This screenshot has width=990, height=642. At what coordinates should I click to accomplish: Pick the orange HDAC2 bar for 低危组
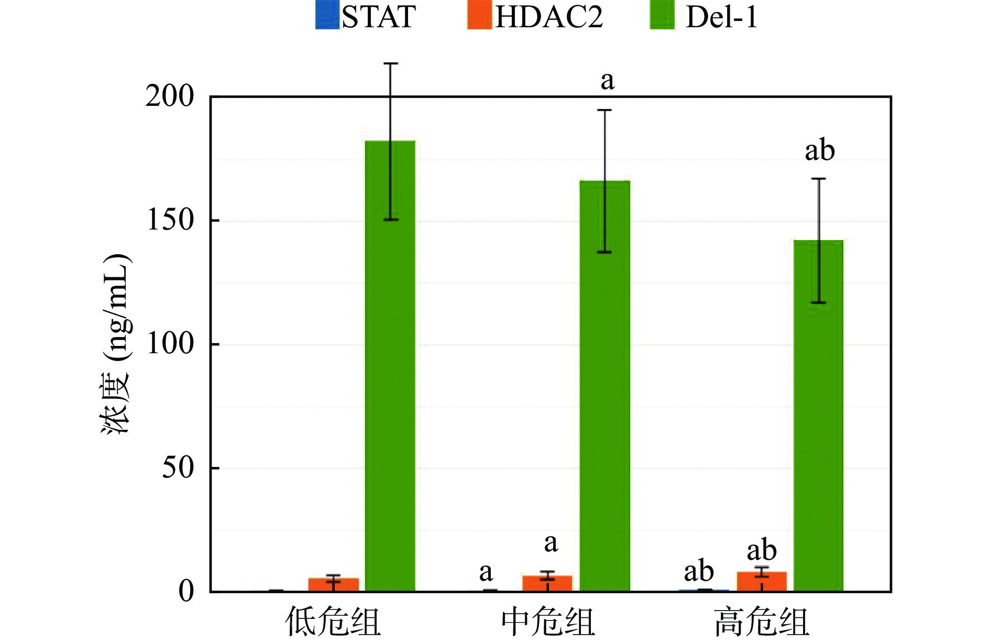point(333,585)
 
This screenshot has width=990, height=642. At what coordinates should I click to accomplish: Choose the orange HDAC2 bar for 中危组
point(547,584)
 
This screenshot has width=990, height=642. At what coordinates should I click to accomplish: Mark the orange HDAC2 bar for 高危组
point(762,582)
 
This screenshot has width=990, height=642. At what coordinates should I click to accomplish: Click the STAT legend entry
point(366,17)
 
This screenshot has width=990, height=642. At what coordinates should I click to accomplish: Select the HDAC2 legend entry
point(535,17)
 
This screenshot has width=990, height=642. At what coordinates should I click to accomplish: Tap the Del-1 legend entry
point(704,17)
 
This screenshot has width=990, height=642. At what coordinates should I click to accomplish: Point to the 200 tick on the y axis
point(170,96)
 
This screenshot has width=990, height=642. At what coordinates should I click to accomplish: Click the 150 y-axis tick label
point(170,220)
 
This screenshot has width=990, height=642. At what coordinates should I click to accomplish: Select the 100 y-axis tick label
point(170,344)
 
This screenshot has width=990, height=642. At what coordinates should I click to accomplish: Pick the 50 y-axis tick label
point(178,468)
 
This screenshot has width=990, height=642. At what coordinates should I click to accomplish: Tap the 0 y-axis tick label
point(186,592)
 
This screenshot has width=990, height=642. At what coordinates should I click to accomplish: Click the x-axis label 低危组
point(333,623)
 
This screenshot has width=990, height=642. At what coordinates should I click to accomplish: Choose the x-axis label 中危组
point(547,623)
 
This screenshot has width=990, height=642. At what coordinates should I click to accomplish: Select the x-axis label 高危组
point(762,623)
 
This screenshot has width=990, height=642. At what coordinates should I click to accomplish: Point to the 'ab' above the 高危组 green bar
point(819,151)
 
